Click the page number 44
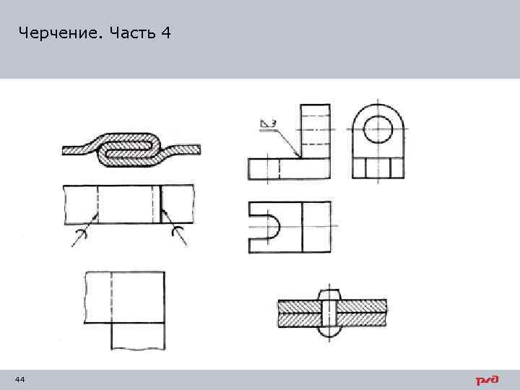point(19,380)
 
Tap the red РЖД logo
point(487,380)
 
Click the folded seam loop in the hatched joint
point(129,150)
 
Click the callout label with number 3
point(268,123)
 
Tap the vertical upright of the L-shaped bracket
point(315,130)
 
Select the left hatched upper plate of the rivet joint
point(298,305)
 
